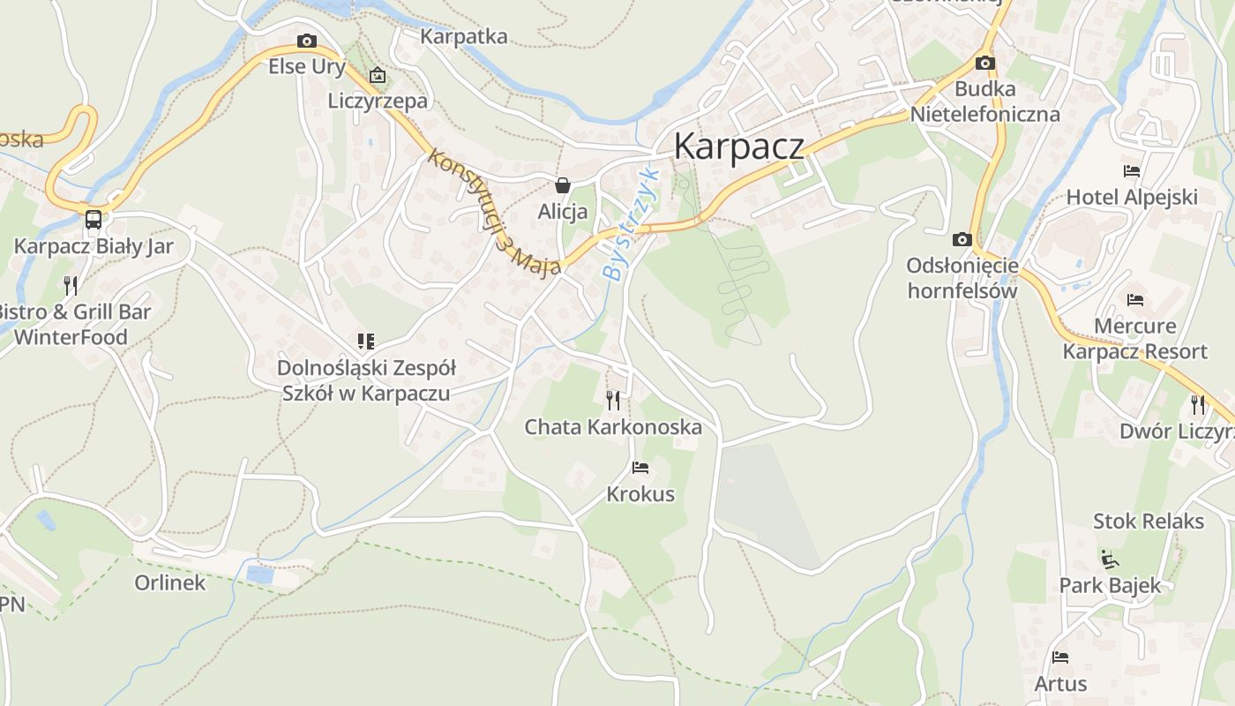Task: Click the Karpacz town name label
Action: [738, 146]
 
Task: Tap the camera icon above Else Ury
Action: [307, 41]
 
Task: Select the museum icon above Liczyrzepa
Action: [378, 75]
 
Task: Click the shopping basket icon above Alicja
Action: [562, 185]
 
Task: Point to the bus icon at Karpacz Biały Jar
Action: [93, 219]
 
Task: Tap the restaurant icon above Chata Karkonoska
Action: [613, 401]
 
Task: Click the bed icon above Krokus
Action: [640, 468]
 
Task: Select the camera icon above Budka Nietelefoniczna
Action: [985, 63]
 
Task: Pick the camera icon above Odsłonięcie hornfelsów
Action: [962, 239]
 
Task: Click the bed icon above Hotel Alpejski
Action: [1132, 171]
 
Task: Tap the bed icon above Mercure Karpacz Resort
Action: [1135, 300]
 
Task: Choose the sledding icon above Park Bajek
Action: [1110, 559]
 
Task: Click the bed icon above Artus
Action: [1060, 657]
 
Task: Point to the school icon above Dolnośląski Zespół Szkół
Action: [365, 342]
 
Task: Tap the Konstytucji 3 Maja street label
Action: [494, 213]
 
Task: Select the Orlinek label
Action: [169, 582]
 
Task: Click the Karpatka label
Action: [464, 36]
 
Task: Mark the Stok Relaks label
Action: [1148, 521]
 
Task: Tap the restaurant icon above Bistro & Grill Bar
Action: [71, 285]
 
